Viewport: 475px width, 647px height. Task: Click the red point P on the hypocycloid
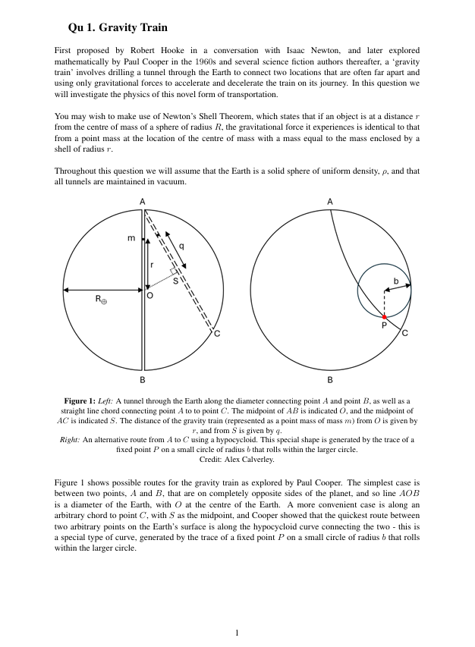pyautogui.click(x=384, y=316)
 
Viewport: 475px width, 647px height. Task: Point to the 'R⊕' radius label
pyautogui.click(x=101, y=300)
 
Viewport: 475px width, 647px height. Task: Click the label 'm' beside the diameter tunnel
pyautogui.click(x=131, y=239)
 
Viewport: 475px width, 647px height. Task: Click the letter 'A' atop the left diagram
pyautogui.click(x=143, y=201)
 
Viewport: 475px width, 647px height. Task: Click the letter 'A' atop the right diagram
pyautogui.click(x=330, y=202)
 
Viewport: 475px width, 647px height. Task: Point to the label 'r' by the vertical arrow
pyautogui.click(x=153, y=265)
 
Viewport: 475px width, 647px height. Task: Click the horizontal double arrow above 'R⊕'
pyautogui.click(x=103, y=289)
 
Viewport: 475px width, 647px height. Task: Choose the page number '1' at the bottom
pyautogui.click(x=237, y=632)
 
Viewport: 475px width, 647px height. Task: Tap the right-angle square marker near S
pyautogui.click(x=175, y=271)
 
